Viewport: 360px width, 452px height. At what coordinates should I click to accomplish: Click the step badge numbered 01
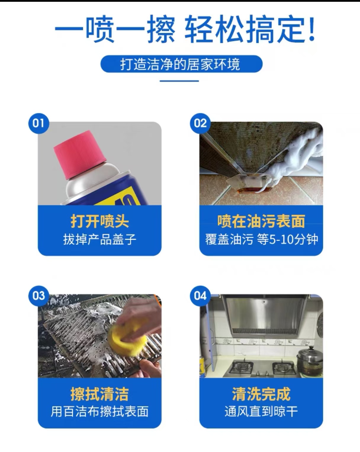tap(39, 123)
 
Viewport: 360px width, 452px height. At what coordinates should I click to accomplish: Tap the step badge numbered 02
tap(200, 123)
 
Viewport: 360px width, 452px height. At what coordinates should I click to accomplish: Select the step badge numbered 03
tap(39, 296)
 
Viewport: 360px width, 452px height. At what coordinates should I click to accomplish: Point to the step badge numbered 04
tap(200, 296)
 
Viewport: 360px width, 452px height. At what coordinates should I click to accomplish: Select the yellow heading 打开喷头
tap(99, 221)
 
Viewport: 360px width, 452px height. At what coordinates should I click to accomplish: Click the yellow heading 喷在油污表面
tap(261, 221)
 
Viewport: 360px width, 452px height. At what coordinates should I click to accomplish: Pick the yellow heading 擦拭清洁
tap(99, 394)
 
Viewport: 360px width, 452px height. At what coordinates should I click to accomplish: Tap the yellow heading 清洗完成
tap(261, 394)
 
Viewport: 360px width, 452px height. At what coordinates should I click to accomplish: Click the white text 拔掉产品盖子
tap(99, 239)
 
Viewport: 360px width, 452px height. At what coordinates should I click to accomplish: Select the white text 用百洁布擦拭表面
tap(99, 411)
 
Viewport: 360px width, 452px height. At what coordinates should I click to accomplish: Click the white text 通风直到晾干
tap(261, 411)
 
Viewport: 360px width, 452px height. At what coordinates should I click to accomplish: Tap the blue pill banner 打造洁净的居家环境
tap(181, 64)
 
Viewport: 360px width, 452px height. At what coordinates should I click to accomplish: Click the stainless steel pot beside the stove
tap(310, 361)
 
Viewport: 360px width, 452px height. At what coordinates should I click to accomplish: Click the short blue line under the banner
tap(179, 81)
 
